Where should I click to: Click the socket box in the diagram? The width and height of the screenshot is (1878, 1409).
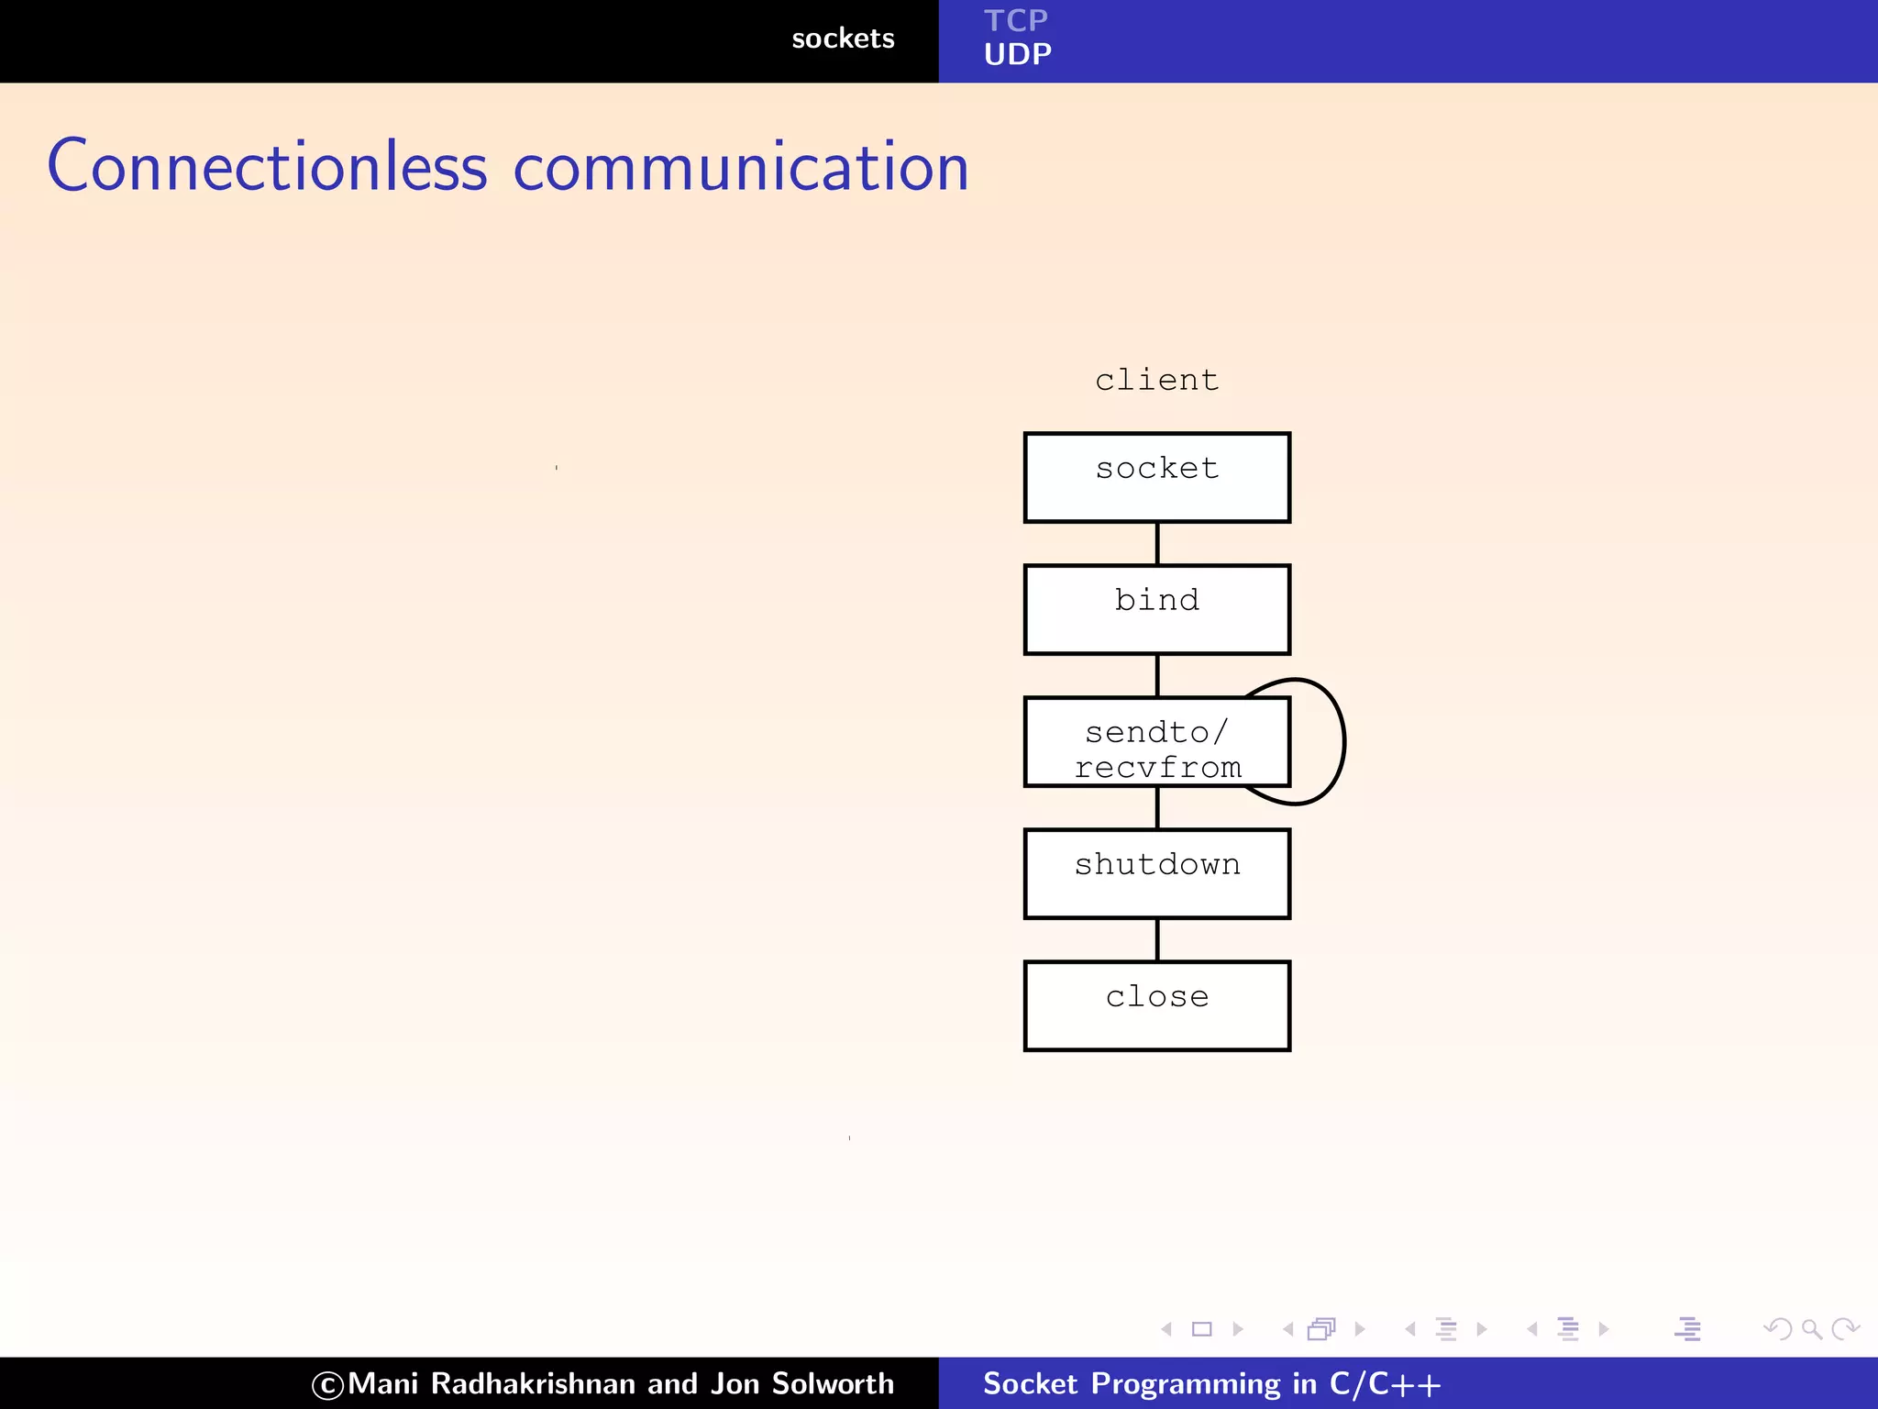[1156, 477]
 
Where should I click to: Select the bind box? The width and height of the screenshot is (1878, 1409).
[1156, 609]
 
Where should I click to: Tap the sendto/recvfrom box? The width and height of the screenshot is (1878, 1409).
[1156, 741]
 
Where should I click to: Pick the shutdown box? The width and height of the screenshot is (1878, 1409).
[1156, 873]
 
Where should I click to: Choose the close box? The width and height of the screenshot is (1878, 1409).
[1156, 1005]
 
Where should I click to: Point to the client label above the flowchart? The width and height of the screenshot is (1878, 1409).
[1156, 380]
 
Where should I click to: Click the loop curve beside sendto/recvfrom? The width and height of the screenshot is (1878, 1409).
[1342, 741]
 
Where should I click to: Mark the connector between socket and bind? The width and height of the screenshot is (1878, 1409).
[1157, 543]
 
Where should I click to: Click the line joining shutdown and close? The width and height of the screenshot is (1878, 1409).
[1157, 939]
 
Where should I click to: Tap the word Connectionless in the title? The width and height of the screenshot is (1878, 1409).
[267, 167]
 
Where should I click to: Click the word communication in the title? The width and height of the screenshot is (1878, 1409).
[741, 169]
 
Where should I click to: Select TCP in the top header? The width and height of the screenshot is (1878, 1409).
[1015, 20]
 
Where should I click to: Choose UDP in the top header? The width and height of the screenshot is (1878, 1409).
[1017, 55]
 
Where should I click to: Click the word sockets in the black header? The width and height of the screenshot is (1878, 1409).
[843, 39]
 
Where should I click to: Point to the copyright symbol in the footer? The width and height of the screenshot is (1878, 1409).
[327, 1385]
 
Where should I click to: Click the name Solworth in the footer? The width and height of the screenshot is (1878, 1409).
[833, 1383]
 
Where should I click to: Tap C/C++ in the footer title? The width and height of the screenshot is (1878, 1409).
[1385, 1383]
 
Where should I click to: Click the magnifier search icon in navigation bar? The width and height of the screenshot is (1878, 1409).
[1811, 1328]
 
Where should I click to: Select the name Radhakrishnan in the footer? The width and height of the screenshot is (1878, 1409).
[533, 1383]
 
